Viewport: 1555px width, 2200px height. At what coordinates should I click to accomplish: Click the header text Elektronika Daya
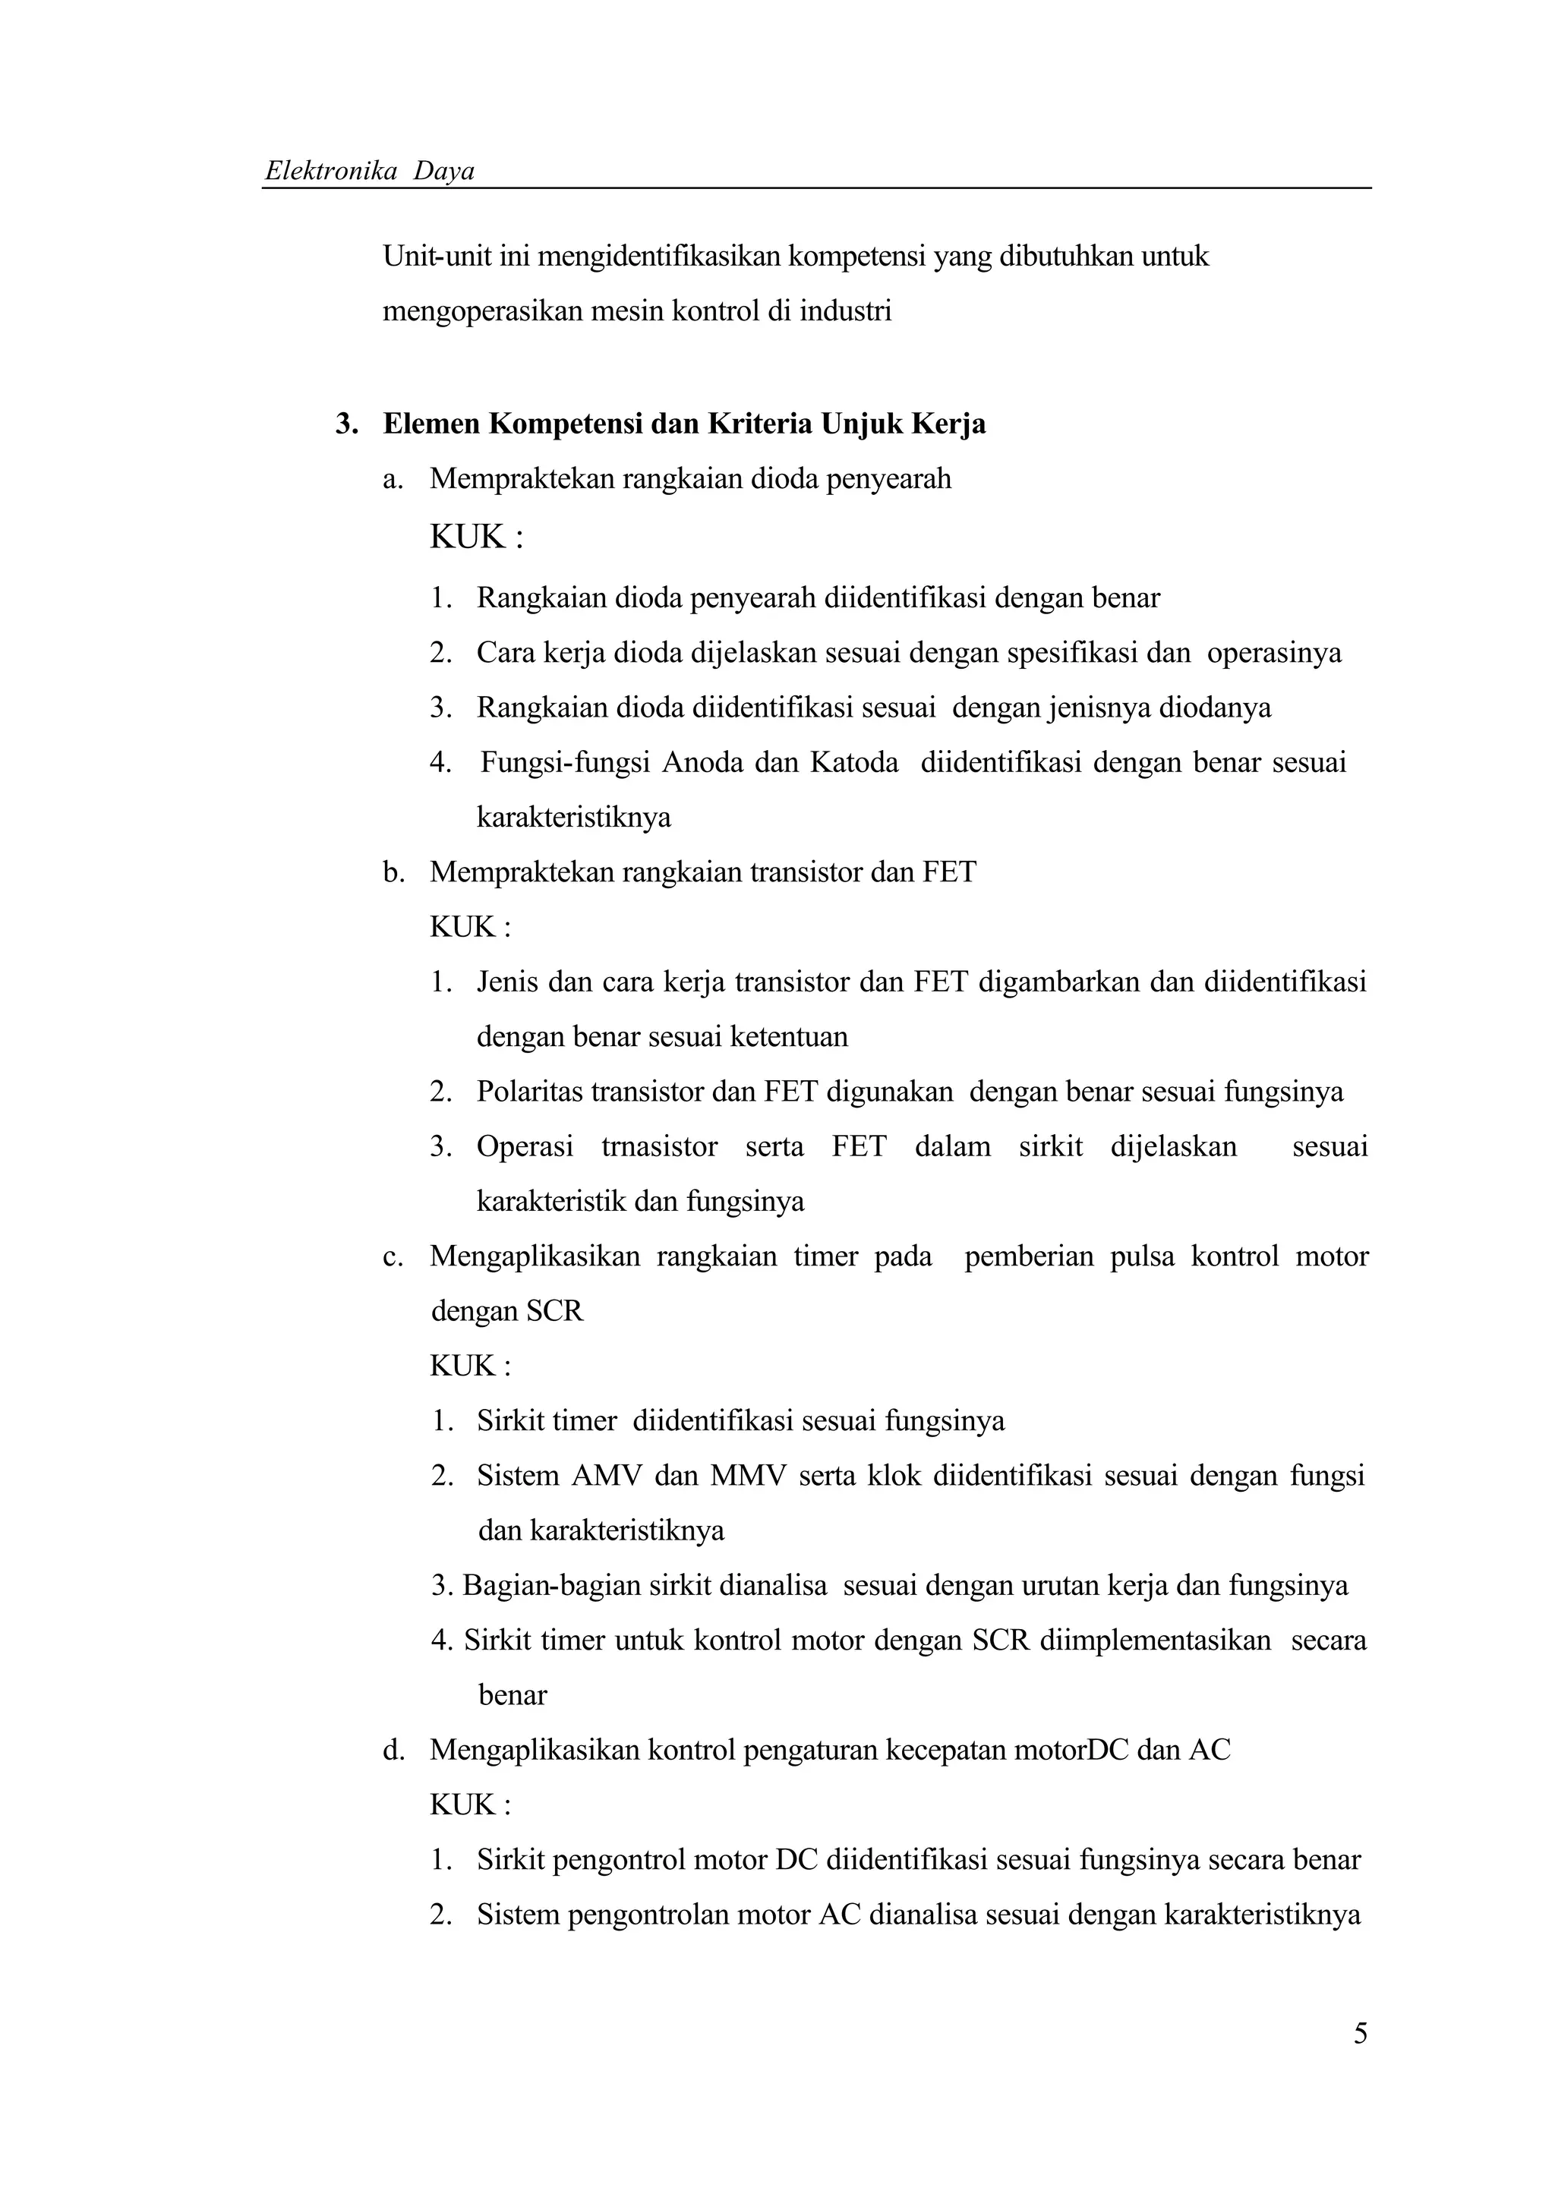pos(370,172)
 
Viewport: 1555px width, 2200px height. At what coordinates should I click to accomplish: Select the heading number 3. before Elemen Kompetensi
pos(346,424)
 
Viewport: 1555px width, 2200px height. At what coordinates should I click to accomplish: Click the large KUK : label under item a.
pos(476,537)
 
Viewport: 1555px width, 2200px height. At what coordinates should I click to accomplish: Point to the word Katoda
pos(853,763)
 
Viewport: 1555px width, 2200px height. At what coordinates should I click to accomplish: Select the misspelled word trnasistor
pos(659,1147)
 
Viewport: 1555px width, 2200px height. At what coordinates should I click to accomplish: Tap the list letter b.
pos(391,872)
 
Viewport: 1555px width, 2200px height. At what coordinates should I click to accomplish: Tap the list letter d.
pos(391,1751)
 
